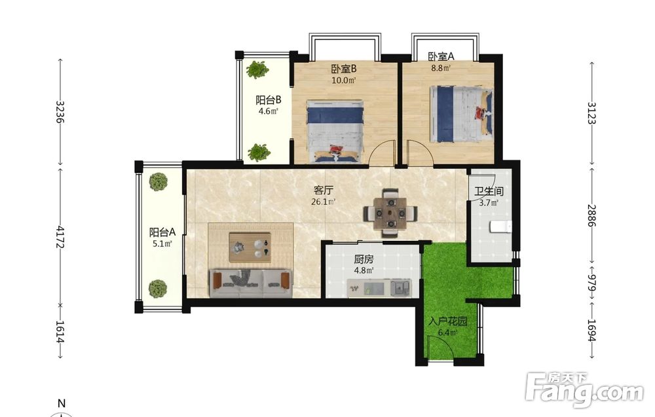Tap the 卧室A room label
pos(441,56)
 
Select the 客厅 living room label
pos(324,190)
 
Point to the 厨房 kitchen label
pos(364,259)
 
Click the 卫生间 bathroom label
pos(489,192)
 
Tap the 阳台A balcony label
pos(162,232)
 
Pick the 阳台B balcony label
pos(268,100)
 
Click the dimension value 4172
pos(60,237)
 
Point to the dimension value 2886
pos(591,215)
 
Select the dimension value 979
pos(591,283)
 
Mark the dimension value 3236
pos(60,111)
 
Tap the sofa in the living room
pos(250,283)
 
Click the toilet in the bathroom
pos(500,227)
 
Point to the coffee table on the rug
pos(250,247)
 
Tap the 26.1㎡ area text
pos(324,202)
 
